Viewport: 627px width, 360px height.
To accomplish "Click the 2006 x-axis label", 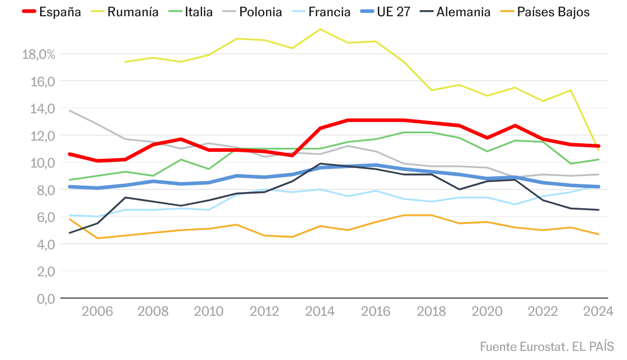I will click(x=97, y=311).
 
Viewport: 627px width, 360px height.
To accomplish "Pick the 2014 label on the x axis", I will click(x=320, y=311).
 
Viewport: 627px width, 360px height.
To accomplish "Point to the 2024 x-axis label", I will click(x=599, y=311).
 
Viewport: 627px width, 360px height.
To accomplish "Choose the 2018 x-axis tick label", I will click(x=431, y=311).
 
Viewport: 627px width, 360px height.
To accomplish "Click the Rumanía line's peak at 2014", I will click(x=320, y=29).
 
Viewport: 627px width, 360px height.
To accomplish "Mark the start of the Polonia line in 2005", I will click(x=69, y=110).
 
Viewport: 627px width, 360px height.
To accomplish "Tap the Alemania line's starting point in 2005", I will click(x=69, y=233).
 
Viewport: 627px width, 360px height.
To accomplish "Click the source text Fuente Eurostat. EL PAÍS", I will click(x=547, y=347).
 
